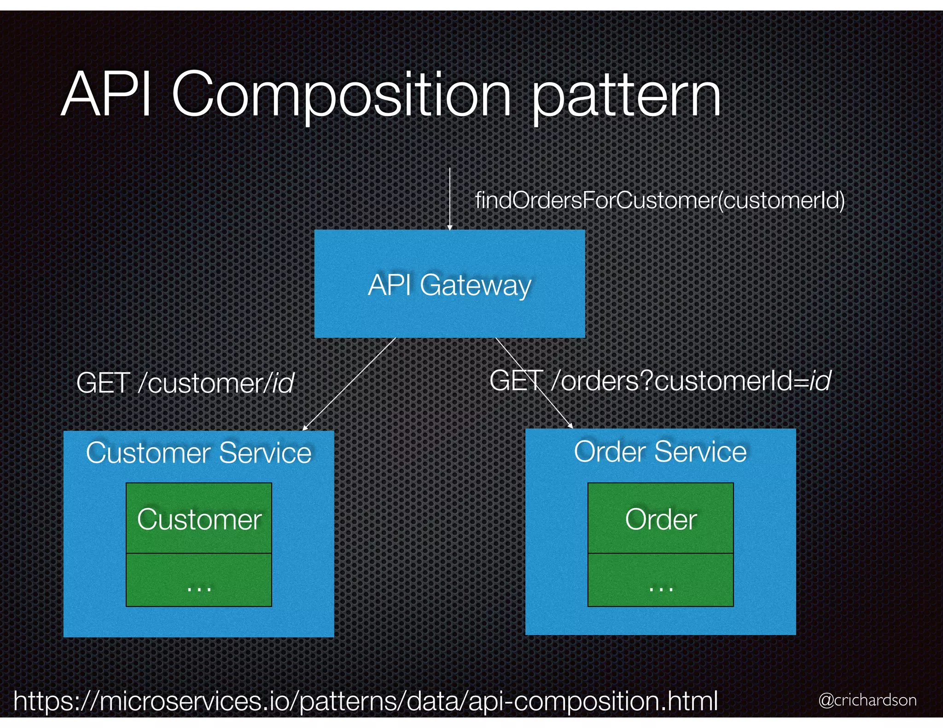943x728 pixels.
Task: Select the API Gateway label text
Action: [x=449, y=285]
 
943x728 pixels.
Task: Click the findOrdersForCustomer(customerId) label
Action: [x=659, y=201]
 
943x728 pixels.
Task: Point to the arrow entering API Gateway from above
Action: [x=450, y=198]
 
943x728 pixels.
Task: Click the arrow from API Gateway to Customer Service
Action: [x=349, y=384]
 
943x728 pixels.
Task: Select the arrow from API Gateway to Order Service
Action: [x=534, y=383]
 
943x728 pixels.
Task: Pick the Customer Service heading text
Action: [x=198, y=453]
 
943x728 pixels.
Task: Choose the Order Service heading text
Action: [x=660, y=451]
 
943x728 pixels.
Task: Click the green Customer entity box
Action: [x=199, y=518]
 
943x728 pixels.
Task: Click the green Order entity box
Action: [x=660, y=518]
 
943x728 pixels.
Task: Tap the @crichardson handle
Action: [x=867, y=700]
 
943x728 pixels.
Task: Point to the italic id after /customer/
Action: [x=283, y=383]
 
